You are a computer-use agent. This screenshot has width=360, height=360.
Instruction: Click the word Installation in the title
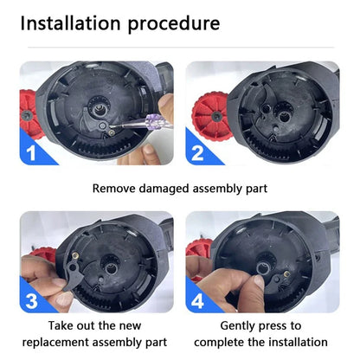pyautogui.click(x=70, y=23)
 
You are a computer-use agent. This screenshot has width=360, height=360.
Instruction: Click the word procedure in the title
pyautogui.click(x=174, y=25)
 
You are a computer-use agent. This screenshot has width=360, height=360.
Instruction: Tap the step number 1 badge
pyautogui.click(x=31, y=153)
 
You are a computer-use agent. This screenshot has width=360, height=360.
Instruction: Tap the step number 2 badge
pyautogui.click(x=197, y=153)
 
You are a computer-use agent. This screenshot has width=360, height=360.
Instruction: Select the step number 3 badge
pyautogui.click(x=31, y=300)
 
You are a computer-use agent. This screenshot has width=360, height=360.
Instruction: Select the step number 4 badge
pyautogui.click(x=197, y=301)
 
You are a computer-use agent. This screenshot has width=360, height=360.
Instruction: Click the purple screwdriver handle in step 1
pyautogui.click(x=158, y=120)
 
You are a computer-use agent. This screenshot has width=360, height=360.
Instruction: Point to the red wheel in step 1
pyautogui.click(x=29, y=113)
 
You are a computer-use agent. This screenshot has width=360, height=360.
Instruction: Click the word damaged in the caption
pyautogui.click(x=164, y=189)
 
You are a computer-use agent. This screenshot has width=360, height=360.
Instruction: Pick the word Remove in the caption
pyautogui.click(x=113, y=189)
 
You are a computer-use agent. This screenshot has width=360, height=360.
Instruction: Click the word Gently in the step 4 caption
pyautogui.click(x=237, y=326)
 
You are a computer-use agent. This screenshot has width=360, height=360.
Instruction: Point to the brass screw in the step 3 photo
pyautogui.click(x=76, y=255)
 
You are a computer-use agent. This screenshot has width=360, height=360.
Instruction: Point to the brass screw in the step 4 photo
pyautogui.click(x=286, y=274)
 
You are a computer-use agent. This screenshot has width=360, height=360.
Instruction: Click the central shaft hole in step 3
pyautogui.click(x=111, y=269)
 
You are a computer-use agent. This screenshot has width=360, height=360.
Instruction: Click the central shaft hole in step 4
pyautogui.click(x=262, y=268)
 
